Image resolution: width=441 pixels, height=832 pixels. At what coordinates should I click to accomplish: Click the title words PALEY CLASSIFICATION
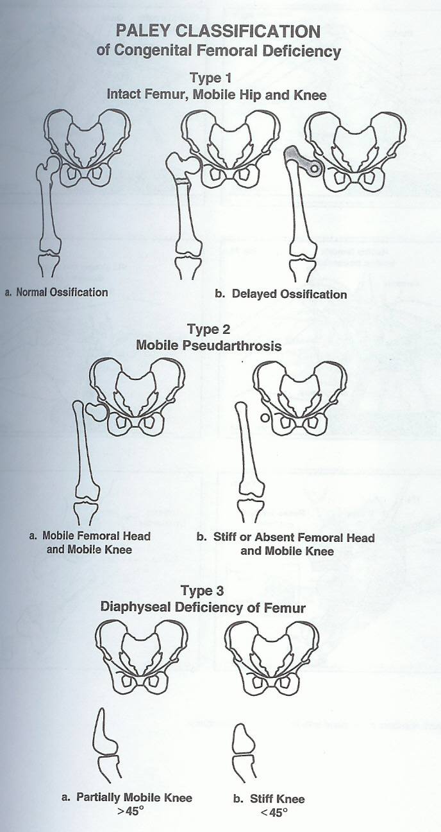pyautogui.click(x=218, y=31)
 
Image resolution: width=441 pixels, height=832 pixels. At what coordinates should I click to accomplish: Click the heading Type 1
pyautogui.click(x=211, y=78)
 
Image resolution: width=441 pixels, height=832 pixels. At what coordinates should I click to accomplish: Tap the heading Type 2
pyautogui.click(x=208, y=329)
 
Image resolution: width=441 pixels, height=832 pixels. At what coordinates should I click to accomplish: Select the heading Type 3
pyautogui.click(x=203, y=591)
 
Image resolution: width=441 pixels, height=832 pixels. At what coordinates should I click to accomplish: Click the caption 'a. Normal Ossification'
pyautogui.click(x=56, y=292)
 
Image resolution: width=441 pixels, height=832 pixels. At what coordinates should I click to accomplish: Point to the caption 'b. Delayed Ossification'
pyautogui.click(x=281, y=294)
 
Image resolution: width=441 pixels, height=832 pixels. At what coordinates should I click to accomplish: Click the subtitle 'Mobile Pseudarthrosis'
pyautogui.click(x=209, y=345)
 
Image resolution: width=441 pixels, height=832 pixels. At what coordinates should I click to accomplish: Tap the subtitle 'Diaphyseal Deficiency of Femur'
pyautogui.click(x=203, y=607)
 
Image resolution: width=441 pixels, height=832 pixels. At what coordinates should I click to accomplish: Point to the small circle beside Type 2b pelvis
pyautogui.click(x=265, y=417)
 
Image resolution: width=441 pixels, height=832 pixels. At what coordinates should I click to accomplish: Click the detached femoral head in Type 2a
pyautogui.click(x=96, y=411)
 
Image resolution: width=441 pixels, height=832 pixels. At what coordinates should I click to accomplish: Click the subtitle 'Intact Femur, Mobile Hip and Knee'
pyautogui.click(x=217, y=95)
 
